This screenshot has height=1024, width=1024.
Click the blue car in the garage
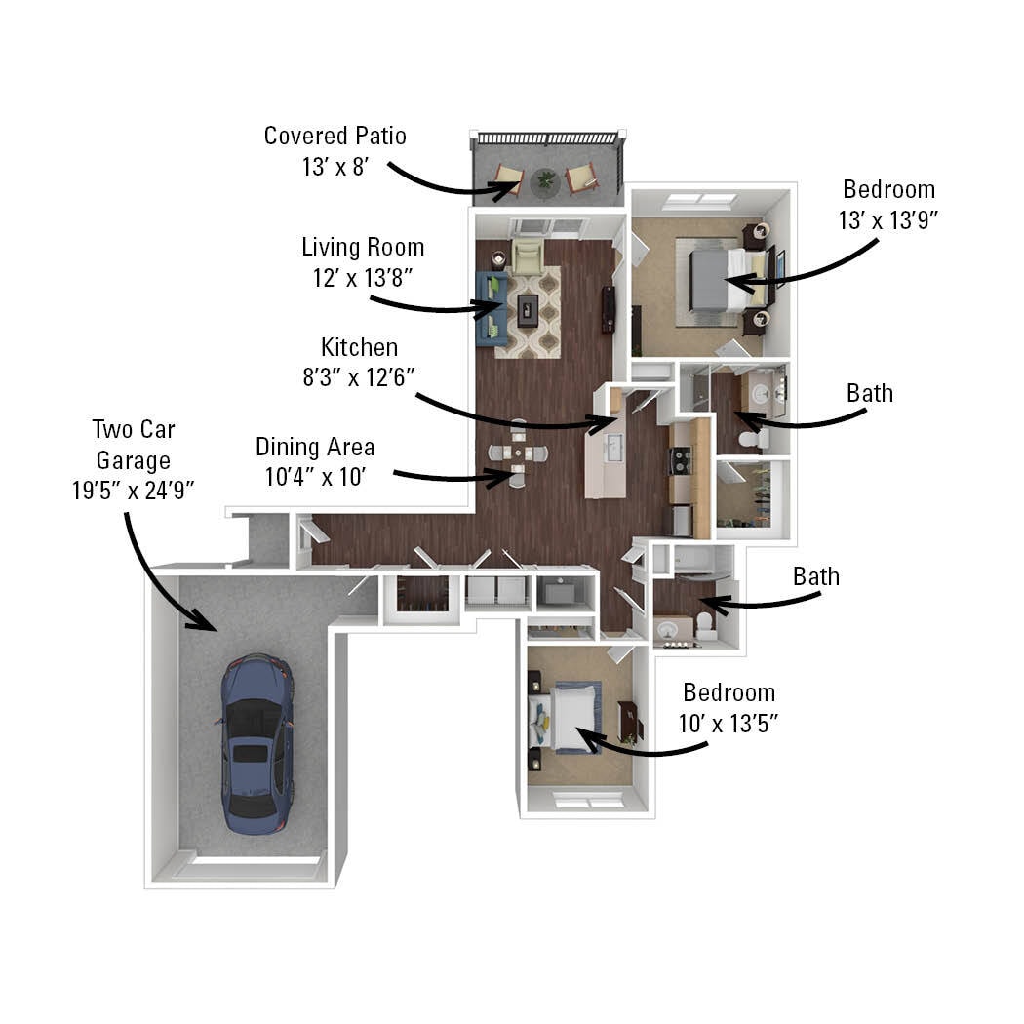tap(256, 743)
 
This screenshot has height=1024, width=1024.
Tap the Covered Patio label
tap(335, 136)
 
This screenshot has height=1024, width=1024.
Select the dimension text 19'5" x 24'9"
tap(134, 490)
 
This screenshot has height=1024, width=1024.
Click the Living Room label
tap(362, 247)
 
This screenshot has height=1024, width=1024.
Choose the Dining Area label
tap(315, 447)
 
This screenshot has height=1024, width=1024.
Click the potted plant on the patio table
tap(545, 180)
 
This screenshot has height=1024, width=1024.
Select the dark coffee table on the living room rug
tap(528, 309)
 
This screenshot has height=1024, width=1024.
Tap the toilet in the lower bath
tap(704, 626)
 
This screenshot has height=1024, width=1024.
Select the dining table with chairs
tap(517, 454)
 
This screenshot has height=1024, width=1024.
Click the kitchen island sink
tap(612, 449)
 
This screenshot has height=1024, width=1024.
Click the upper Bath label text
tap(869, 393)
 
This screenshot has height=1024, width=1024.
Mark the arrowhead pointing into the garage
tap(207, 621)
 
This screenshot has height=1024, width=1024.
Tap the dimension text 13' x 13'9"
tap(887, 219)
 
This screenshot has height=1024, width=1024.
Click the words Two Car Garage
tap(133, 445)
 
